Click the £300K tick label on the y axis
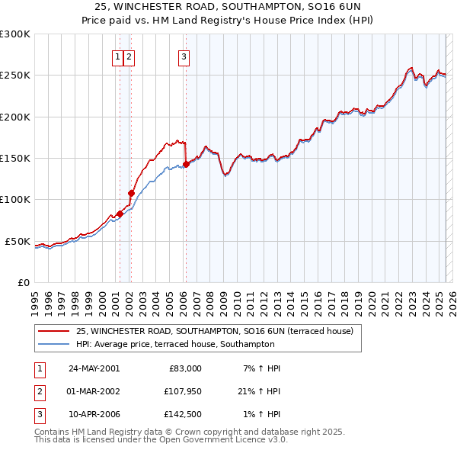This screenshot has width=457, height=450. [15, 34]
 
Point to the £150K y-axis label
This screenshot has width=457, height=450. [15, 158]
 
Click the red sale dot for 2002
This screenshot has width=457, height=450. [130, 193]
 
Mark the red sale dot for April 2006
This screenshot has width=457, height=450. [185, 164]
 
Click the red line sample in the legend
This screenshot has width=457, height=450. [55, 332]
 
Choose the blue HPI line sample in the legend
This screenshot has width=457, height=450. [55, 344]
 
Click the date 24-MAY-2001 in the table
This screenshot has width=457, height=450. [94, 368]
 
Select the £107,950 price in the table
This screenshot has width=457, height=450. [181, 392]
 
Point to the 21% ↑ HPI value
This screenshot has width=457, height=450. [257, 392]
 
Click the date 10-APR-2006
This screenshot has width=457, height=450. [94, 416]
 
